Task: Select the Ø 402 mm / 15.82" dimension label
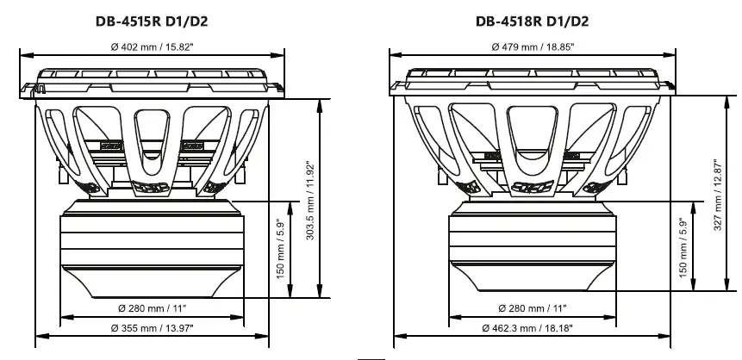point(152,47)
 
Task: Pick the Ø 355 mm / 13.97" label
point(152,327)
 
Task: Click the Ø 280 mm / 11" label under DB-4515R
point(152,307)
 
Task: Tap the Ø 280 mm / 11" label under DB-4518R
point(533,307)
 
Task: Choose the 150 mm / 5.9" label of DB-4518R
point(683,248)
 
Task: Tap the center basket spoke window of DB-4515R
point(152,138)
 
